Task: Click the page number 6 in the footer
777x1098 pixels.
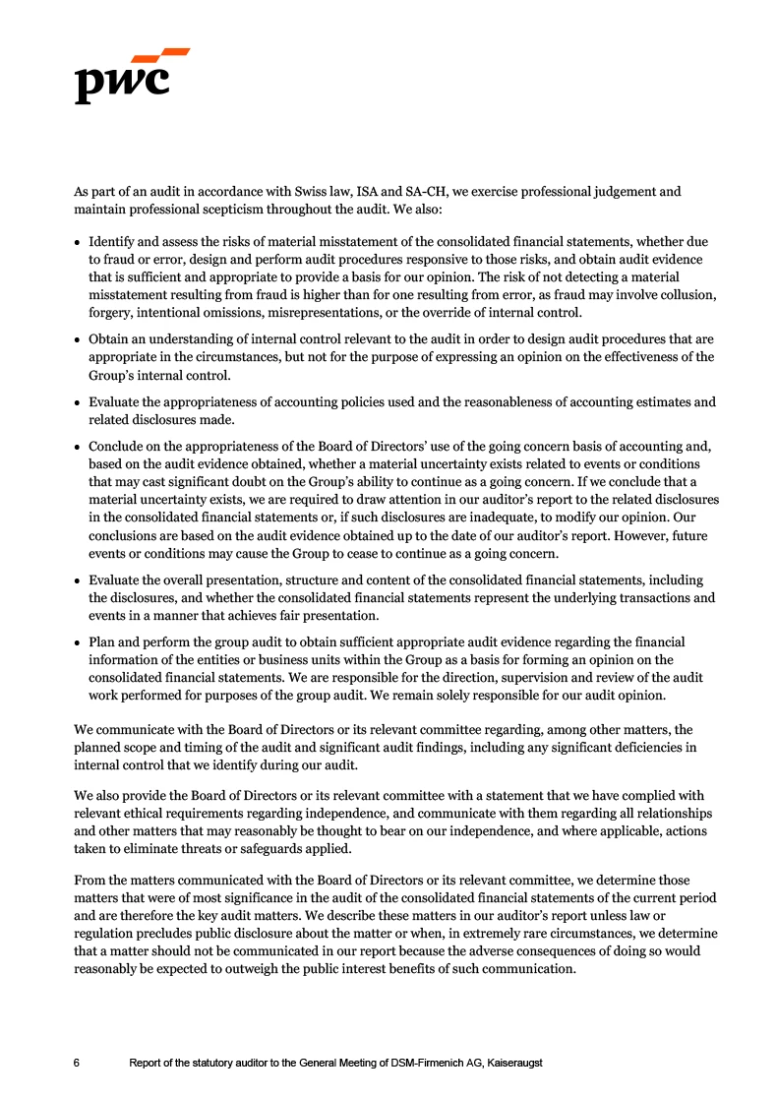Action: pyautogui.click(x=78, y=1064)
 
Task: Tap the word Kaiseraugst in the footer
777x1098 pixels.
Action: pyautogui.click(x=510, y=1064)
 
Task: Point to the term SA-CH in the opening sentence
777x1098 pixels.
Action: pyautogui.click(x=383, y=192)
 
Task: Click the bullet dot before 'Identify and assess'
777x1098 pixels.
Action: pyautogui.click(x=78, y=242)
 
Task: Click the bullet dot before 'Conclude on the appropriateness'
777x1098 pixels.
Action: pyautogui.click(x=78, y=447)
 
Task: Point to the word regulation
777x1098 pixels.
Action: pyautogui.click(x=107, y=933)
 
